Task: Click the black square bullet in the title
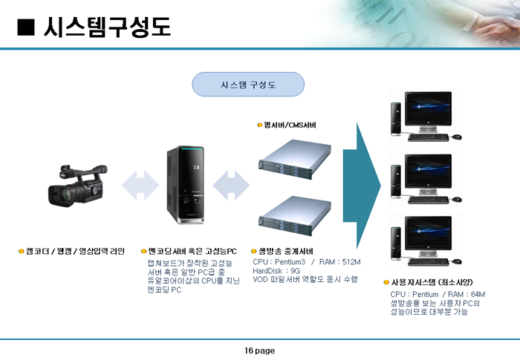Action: [26, 27]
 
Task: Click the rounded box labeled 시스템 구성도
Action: [248, 85]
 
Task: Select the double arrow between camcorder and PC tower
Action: [140, 186]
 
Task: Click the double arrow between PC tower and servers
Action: [231, 186]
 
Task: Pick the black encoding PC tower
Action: [186, 185]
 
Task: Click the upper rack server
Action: [295, 160]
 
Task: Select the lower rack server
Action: [295, 216]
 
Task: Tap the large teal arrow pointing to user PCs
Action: [362, 186]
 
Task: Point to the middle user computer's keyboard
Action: [428, 200]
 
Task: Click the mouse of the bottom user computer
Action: [457, 261]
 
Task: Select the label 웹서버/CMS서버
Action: [290, 125]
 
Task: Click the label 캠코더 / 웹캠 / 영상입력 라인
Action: [75, 251]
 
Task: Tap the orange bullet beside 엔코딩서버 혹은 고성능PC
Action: [143, 252]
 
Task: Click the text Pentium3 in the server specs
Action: [290, 262]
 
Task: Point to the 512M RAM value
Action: [351, 262]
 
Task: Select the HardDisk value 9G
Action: [295, 271]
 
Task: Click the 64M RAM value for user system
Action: [478, 294]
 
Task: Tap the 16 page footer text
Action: [260, 350]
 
